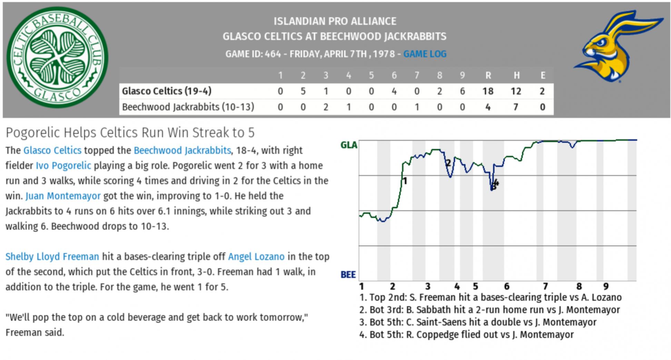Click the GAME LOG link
425,54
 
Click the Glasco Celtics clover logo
57,57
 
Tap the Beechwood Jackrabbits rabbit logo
618,47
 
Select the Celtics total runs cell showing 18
488,91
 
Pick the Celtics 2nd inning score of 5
303,91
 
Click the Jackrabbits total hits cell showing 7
515,107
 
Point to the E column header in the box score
543,75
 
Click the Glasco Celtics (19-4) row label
167,91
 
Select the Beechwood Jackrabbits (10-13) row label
188,107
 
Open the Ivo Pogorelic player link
63,166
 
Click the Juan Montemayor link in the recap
63,196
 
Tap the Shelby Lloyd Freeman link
52,257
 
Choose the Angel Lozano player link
256,257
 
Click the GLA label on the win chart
349,145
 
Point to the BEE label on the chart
348,275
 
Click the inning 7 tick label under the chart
545,286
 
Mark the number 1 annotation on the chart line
405,181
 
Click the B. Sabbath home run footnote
490,310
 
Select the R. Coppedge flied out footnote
466,335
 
